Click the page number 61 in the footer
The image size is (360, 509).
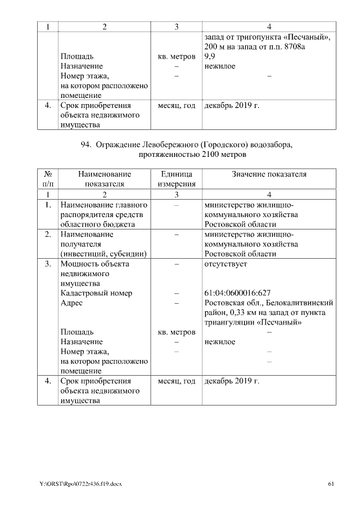click(331, 484)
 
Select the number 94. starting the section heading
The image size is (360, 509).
click(86, 145)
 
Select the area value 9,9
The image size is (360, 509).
click(209, 57)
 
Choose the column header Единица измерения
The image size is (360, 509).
click(176, 179)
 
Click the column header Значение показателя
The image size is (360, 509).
click(269, 174)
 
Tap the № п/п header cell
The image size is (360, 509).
click(48, 179)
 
